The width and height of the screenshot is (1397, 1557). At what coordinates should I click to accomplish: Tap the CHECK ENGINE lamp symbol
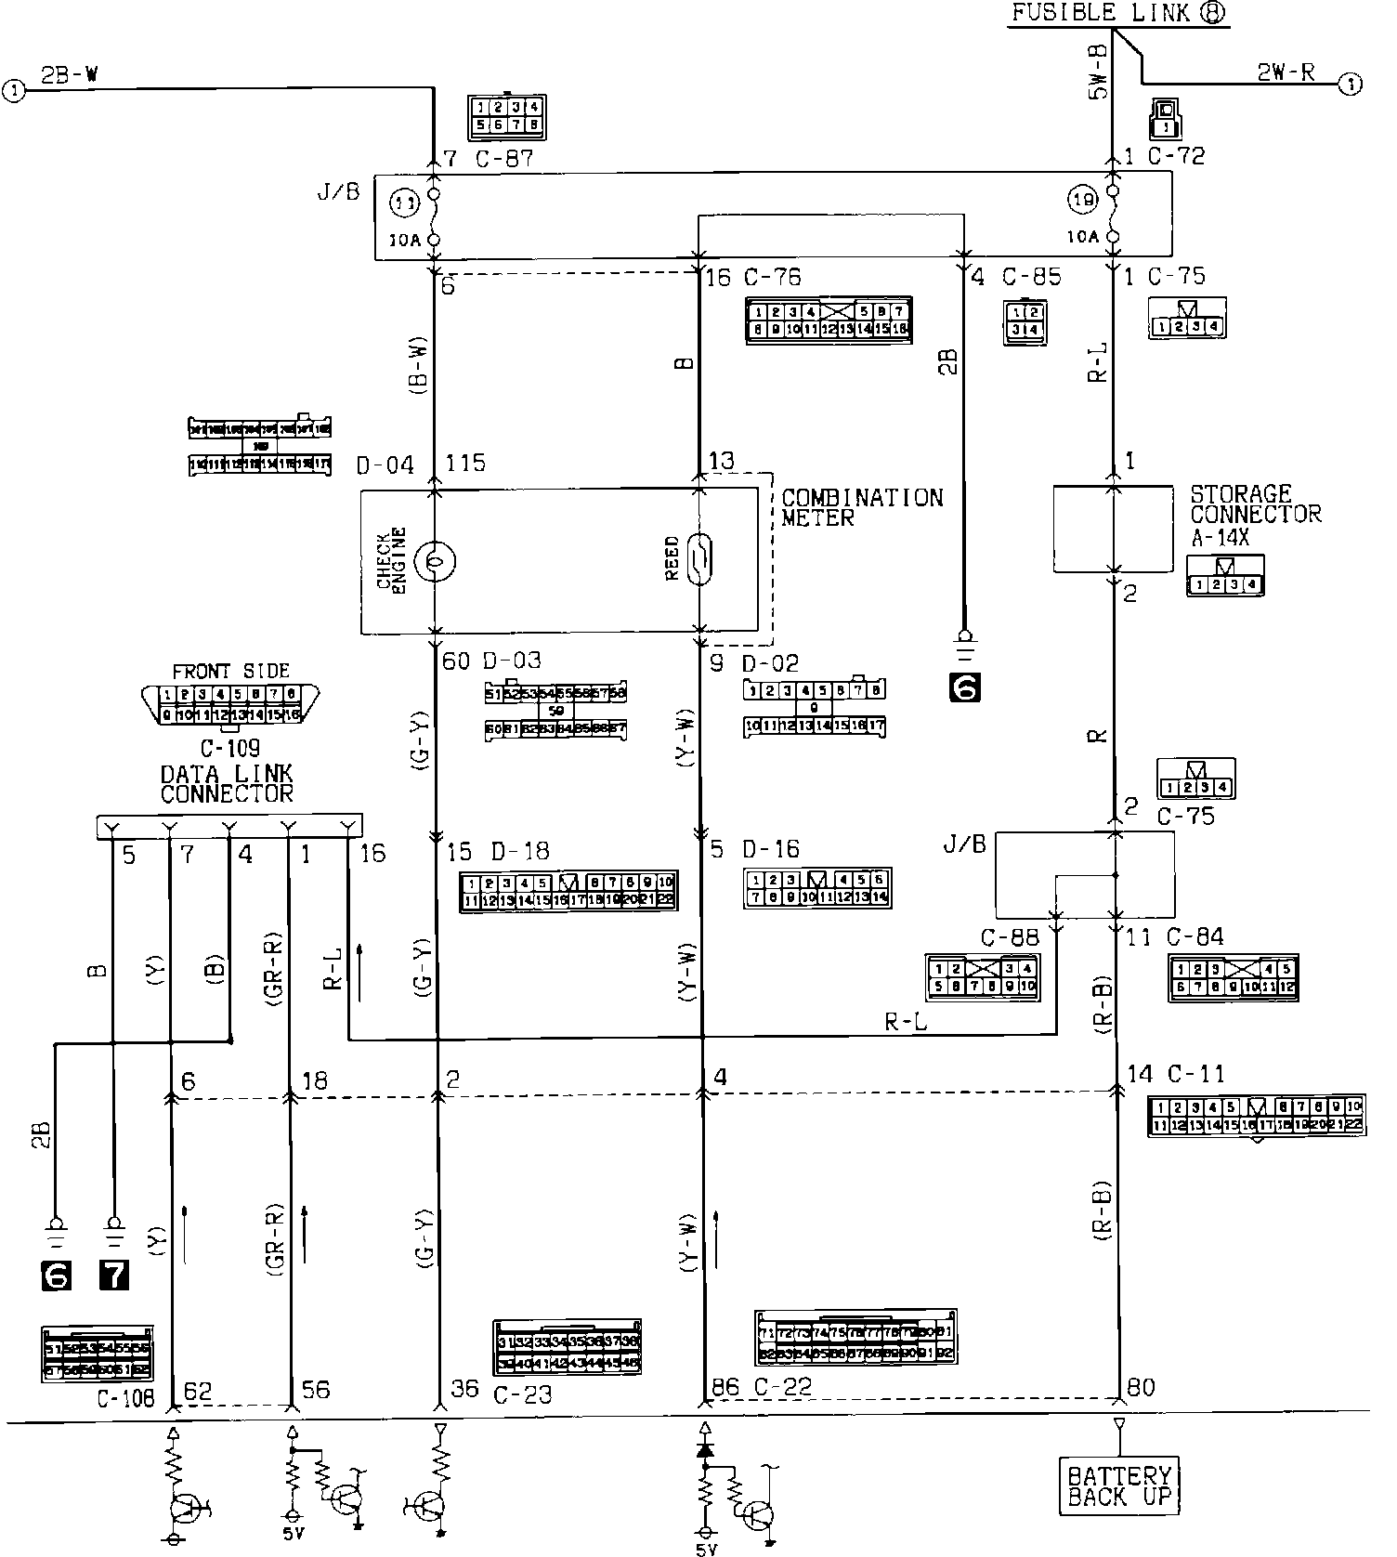pyautogui.click(x=434, y=561)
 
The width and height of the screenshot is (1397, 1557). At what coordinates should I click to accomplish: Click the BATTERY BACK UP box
pyautogui.click(x=1119, y=1485)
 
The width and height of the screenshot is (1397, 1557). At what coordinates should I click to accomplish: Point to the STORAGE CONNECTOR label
pyautogui.click(x=1254, y=504)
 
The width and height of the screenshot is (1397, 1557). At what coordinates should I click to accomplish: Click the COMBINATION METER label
pyautogui.click(x=861, y=507)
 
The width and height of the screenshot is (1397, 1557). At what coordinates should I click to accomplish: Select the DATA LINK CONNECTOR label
pyautogui.click(x=227, y=783)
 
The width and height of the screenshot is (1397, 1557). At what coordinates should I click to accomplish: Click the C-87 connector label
pyautogui.click(x=504, y=159)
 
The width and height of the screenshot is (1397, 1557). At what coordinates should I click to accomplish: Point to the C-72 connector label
pyautogui.click(x=1176, y=156)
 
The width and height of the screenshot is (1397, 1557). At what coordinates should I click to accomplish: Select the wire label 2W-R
pyautogui.click(x=1285, y=72)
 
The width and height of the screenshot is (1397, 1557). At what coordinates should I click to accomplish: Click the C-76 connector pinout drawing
pyautogui.click(x=829, y=321)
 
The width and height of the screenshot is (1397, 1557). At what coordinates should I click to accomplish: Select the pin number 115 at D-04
pyautogui.click(x=465, y=463)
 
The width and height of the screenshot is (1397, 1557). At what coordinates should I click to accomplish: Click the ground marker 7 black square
pyautogui.click(x=114, y=1275)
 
